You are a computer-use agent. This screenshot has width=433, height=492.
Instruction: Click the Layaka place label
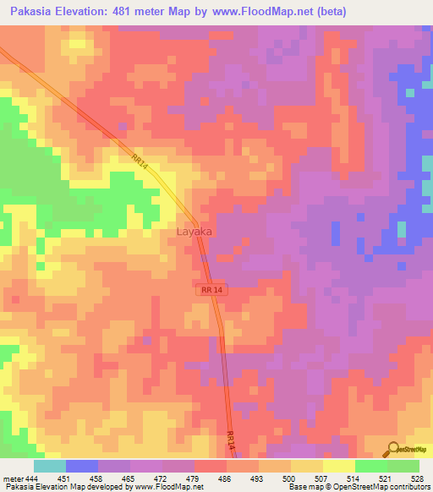click(x=194, y=231)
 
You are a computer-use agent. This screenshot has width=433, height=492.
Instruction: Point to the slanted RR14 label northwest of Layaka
click(x=140, y=161)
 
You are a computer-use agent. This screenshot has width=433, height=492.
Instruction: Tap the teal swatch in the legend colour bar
click(x=50, y=466)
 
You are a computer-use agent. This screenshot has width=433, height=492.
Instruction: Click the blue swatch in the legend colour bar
click(x=82, y=466)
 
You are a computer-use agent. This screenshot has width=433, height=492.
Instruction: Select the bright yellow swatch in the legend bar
click(x=338, y=466)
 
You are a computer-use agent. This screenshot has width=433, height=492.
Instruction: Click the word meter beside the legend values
click(x=13, y=478)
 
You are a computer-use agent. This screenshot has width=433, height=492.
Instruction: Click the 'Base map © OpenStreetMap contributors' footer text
click(x=358, y=488)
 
